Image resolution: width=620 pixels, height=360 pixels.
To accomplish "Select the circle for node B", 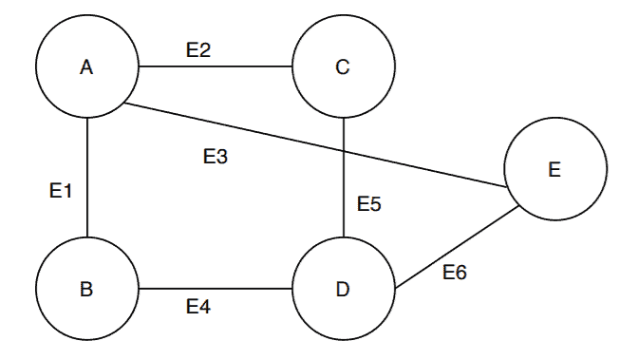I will tap(86, 290).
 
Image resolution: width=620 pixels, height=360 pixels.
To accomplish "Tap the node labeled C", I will tap(343, 66).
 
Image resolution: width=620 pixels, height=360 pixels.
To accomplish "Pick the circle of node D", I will tap(343, 289).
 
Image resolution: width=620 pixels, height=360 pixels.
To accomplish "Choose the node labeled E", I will tap(554, 171).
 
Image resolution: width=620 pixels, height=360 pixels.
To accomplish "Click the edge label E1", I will tap(61, 191).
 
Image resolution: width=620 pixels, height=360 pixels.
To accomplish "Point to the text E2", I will tap(197, 50).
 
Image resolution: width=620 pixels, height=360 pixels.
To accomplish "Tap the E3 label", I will tap(216, 157).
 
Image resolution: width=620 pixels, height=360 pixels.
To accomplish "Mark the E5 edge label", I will tap(369, 203).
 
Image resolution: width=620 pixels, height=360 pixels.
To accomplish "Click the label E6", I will tap(455, 273).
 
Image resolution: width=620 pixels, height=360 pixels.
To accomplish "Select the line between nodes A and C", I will tap(216, 67).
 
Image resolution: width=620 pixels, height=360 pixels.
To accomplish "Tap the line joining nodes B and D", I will tap(216, 290).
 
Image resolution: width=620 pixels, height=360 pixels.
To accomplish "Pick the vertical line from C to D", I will tap(343, 190).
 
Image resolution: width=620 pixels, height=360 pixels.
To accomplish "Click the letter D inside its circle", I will tap(343, 289).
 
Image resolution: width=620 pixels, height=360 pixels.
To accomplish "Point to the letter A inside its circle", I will tap(86, 66).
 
